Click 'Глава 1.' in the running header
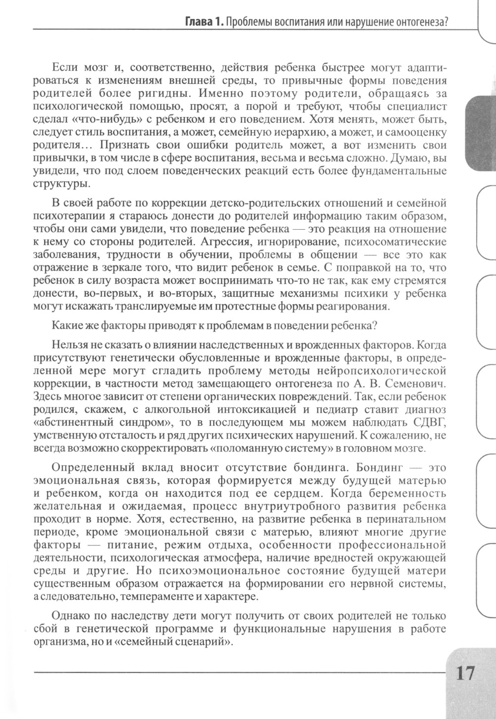[x=203, y=22]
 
